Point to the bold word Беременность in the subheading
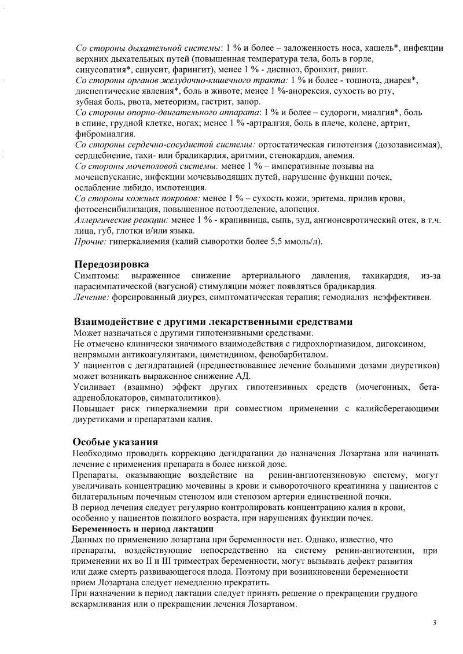tap(100, 529)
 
